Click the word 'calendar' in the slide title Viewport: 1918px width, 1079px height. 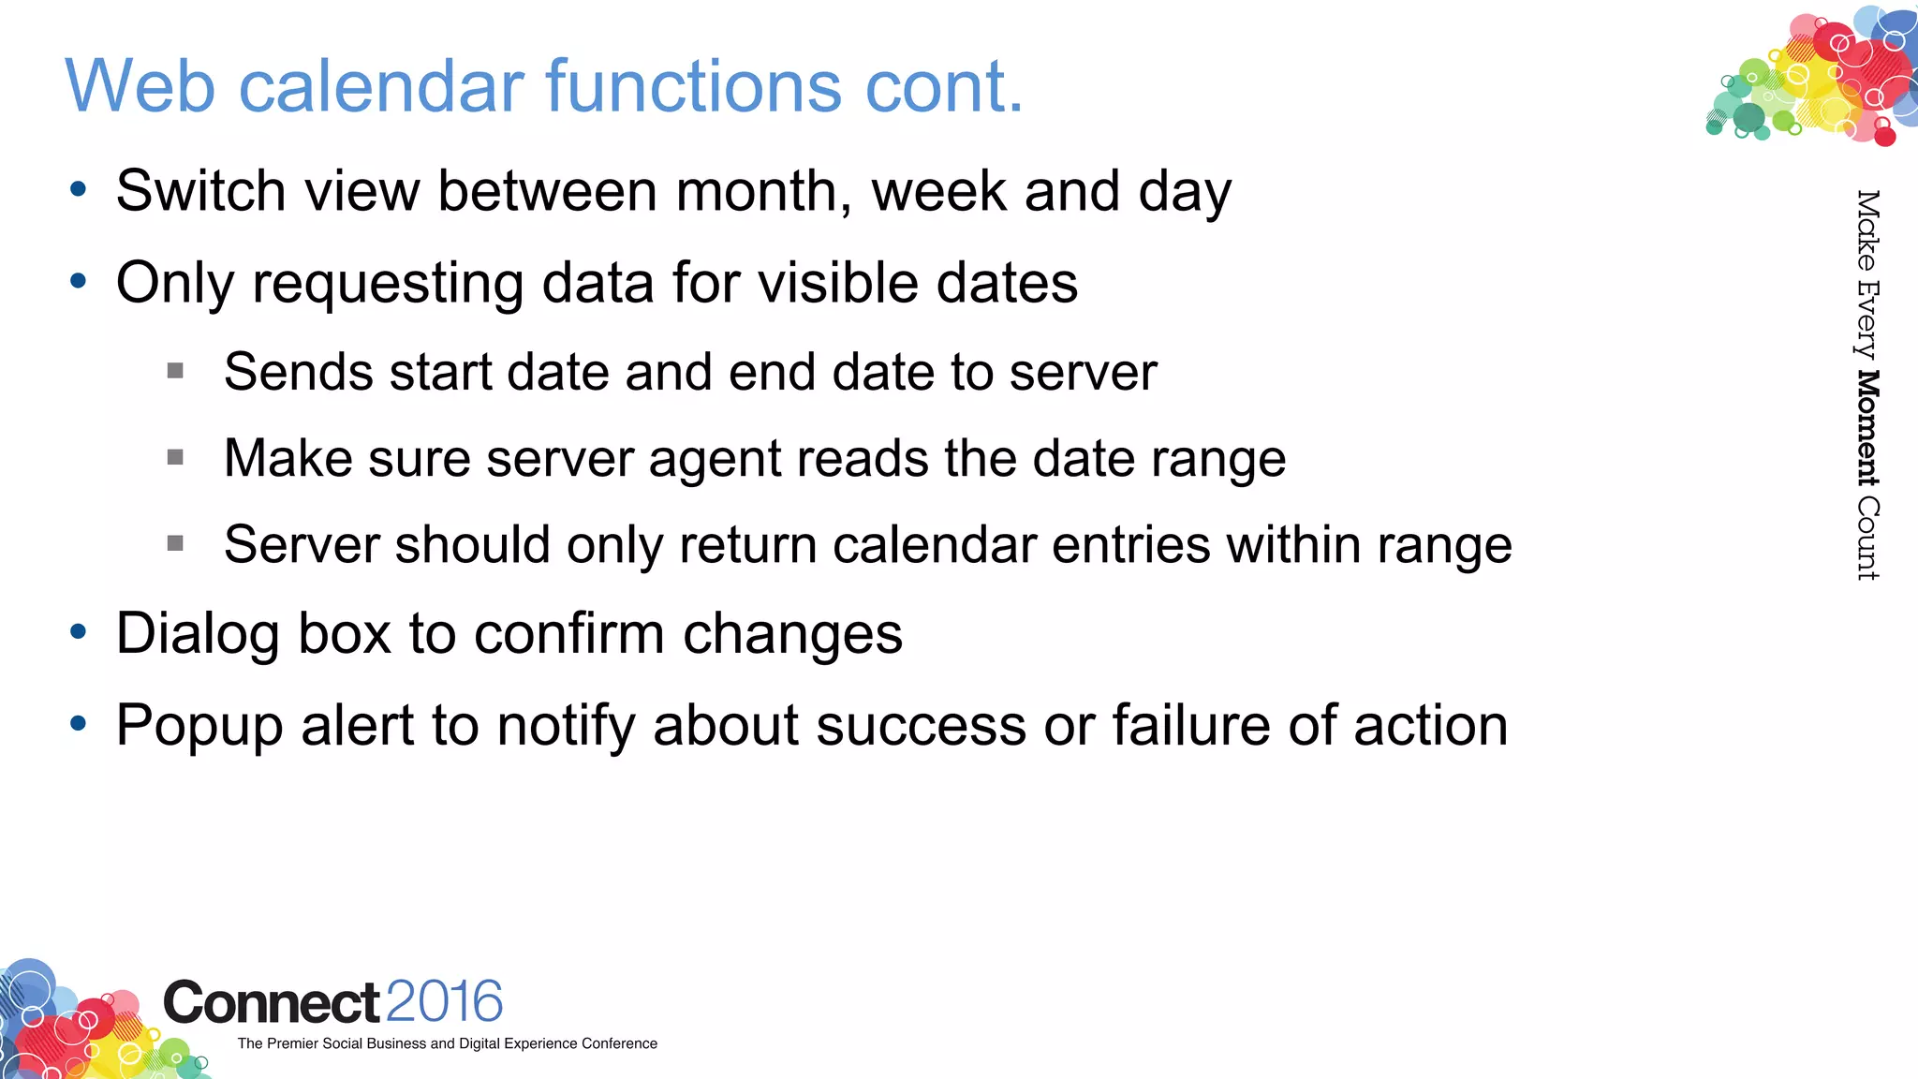point(383,86)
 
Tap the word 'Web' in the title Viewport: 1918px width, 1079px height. point(140,86)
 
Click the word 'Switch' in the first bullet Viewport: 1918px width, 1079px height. point(200,191)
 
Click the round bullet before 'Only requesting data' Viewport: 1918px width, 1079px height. point(79,281)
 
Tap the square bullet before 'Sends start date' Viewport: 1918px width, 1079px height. point(175,372)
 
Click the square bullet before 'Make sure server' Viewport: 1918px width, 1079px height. point(175,458)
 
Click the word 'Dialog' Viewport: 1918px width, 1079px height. point(198,634)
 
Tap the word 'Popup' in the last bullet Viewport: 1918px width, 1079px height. point(199,727)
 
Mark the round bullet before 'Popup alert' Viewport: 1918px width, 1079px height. point(79,724)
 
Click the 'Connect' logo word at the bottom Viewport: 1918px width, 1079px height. point(272,1003)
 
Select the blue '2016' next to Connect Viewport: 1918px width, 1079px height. point(444,1002)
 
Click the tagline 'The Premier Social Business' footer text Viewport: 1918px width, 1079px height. point(447,1043)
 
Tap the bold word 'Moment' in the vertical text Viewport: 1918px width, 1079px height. point(1867,428)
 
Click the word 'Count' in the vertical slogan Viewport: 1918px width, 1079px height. point(1867,539)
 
